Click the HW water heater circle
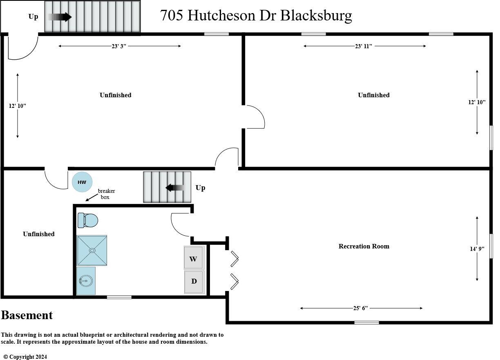82,182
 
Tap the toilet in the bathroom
88,221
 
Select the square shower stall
92,250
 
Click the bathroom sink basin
86,281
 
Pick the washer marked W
194,259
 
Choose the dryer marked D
194,282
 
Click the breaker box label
106,194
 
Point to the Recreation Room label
364,246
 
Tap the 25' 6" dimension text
361,308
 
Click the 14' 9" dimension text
477,248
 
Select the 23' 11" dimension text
363,46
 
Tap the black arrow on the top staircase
60,17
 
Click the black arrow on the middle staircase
176,188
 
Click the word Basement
27,315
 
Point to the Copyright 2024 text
25,357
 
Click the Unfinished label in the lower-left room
38,234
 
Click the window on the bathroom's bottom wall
119,297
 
